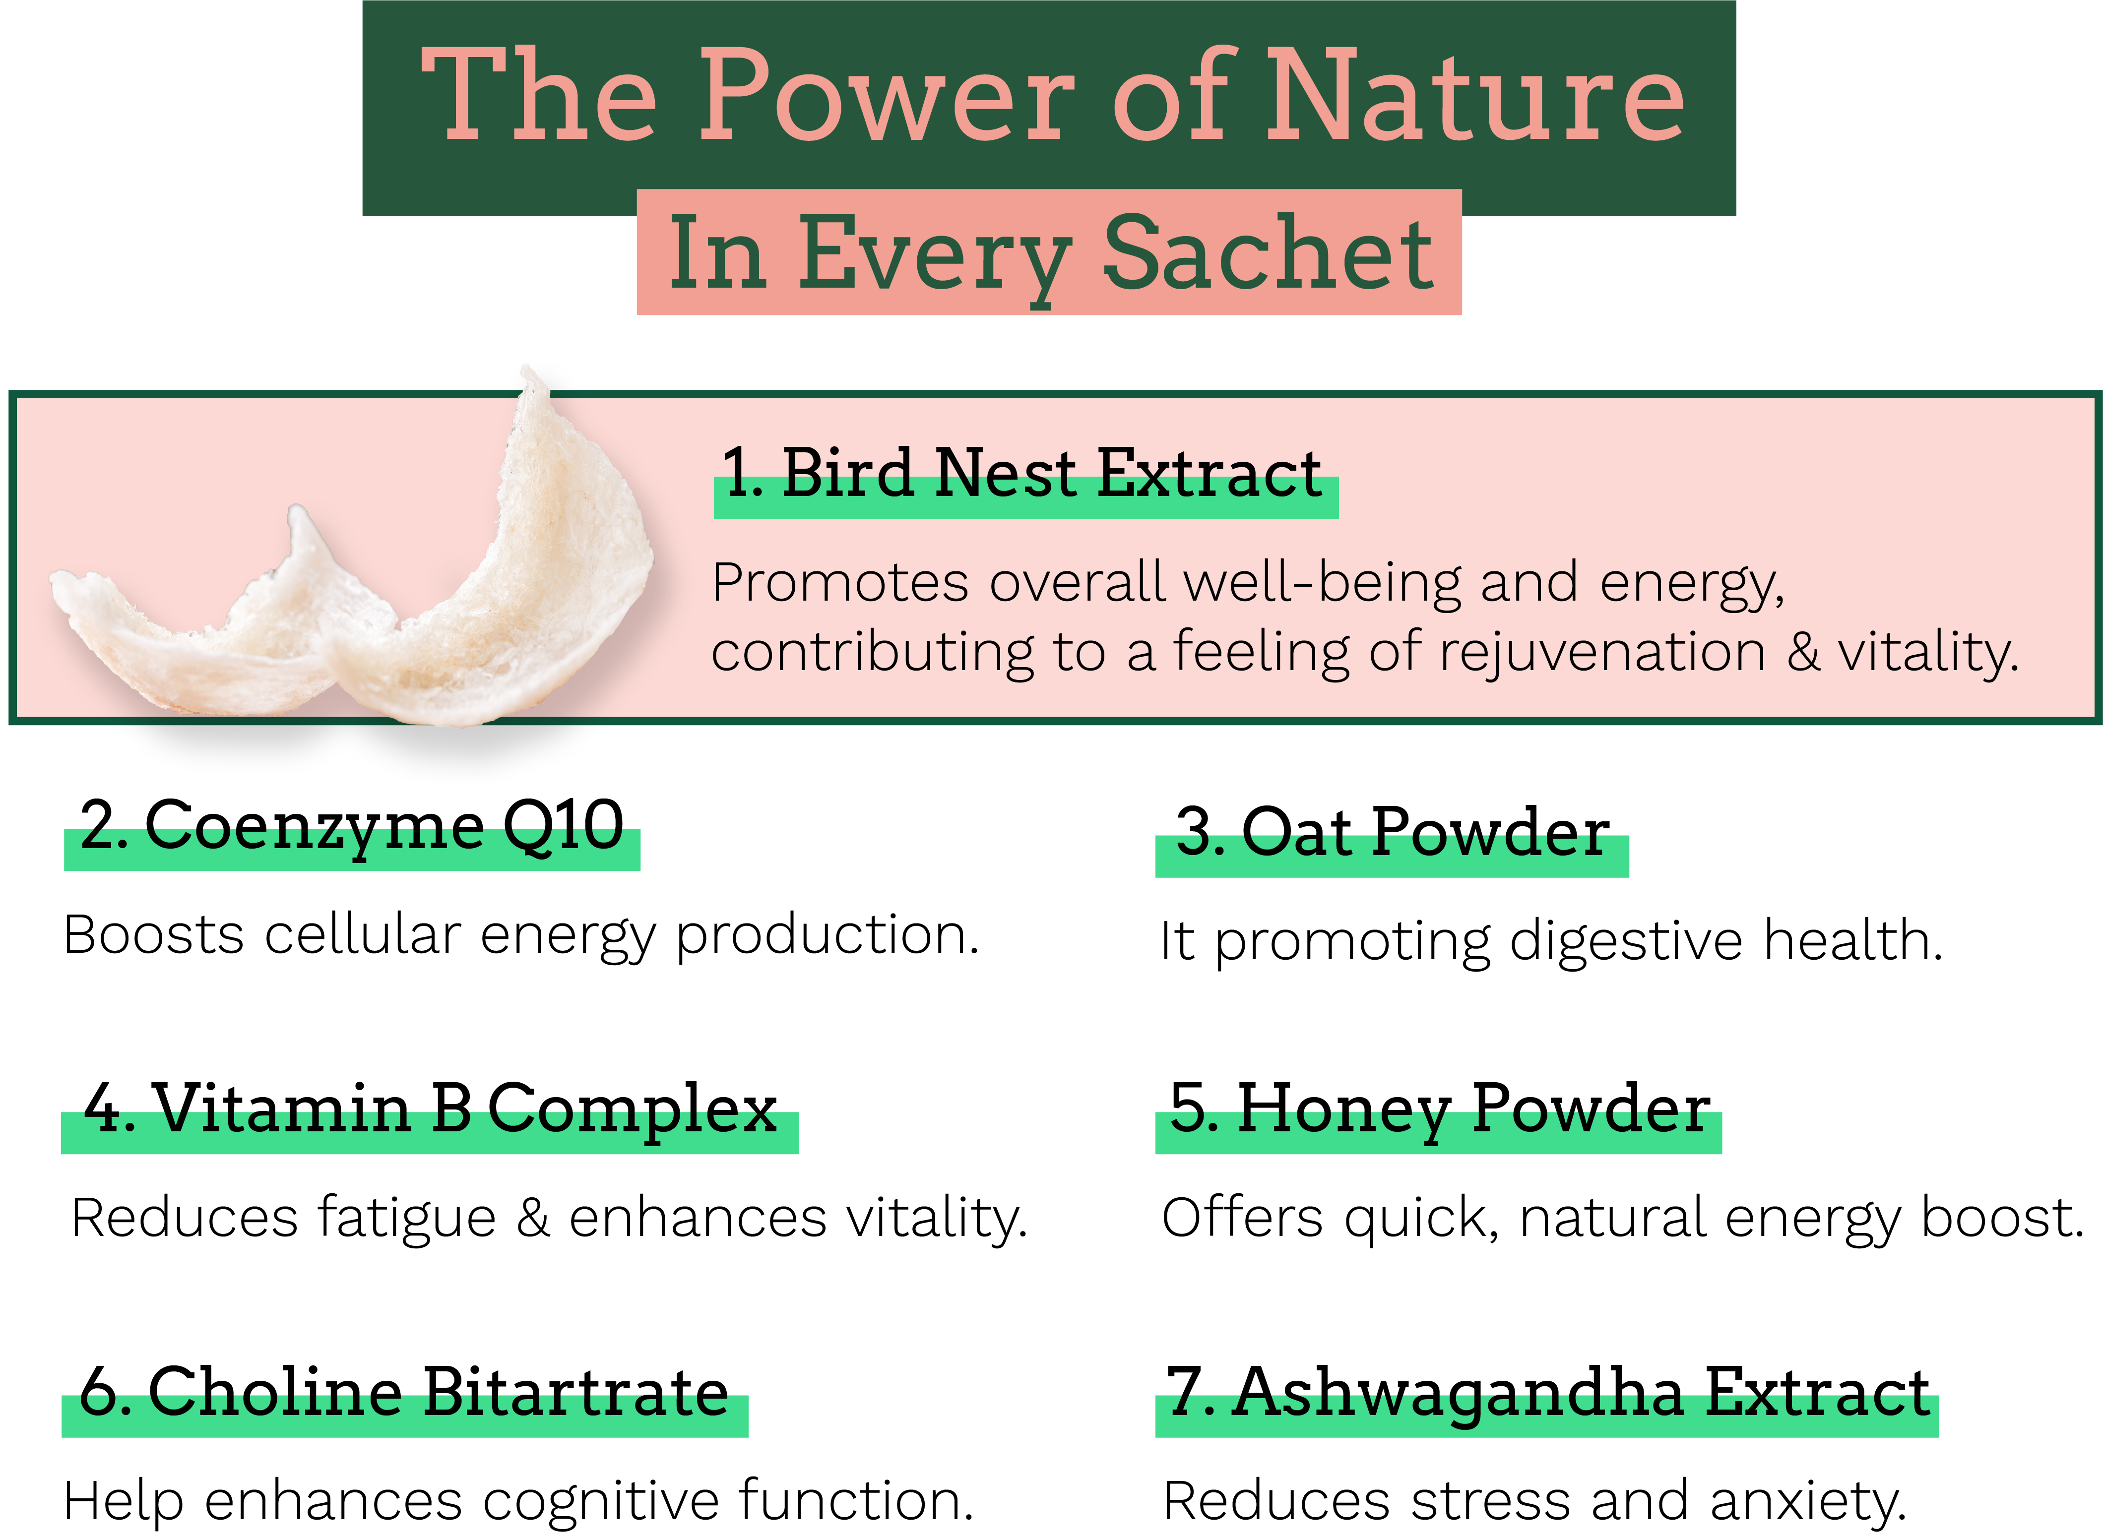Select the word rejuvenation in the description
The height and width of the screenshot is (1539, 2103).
pos(1602,652)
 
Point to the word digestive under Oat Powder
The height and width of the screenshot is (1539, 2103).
pos(1625,941)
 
